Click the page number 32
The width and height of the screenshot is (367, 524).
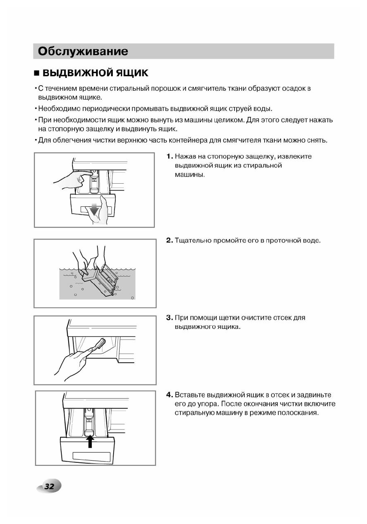49,486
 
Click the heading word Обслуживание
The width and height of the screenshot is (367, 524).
83,51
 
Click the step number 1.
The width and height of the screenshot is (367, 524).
169,157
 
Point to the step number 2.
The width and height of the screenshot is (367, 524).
169,241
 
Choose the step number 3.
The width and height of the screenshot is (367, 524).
169,318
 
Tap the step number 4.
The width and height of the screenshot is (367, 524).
169,395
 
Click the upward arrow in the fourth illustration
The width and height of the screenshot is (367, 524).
90,441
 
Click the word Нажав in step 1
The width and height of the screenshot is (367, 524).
185,157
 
